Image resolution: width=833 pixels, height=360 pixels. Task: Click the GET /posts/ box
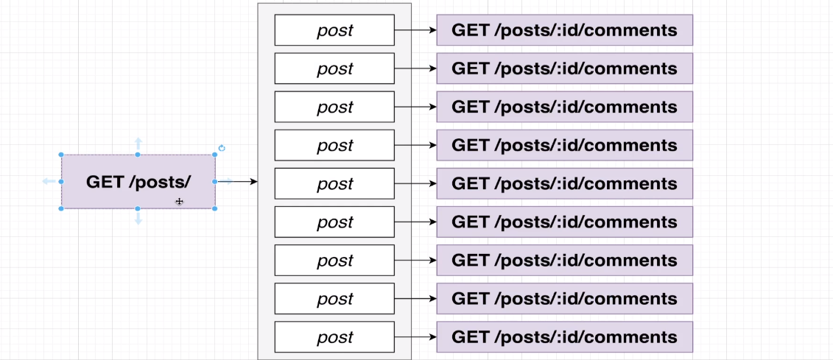pyautogui.click(x=138, y=182)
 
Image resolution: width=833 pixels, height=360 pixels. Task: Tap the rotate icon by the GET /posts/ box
pyautogui.click(x=222, y=148)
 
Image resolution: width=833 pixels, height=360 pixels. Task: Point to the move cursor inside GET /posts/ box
pyautogui.click(x=179, y=201)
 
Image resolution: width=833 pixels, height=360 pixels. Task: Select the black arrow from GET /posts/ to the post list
pyautogui.click(x=239, y=181)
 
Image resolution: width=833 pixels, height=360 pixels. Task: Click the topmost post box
pyautogui.click(x=334, y=30)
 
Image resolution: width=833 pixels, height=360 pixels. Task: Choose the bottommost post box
pyautogui.click(x=334, y=337)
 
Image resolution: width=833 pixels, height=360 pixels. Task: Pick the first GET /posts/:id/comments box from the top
pyautogui.click(x=564, y=30)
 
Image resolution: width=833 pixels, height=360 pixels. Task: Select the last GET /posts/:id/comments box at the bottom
pyautogui.click(x=564, y=337)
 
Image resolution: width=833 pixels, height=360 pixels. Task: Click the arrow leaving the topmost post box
pyautogui.click(x=415, y=30)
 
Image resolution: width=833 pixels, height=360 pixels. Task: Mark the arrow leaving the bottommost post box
pyautogui.click(x=415, y=337)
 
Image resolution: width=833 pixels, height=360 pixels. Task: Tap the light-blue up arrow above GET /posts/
pyautogui.click(x=138, y=142)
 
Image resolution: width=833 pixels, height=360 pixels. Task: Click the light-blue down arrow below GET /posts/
pyautogui.click(x=138, y=219)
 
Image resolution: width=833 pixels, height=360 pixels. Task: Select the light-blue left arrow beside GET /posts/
pyautogui.click(x=49, y=181)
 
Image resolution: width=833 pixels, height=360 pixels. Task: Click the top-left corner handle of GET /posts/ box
pyautogui.click(x=61, y=155)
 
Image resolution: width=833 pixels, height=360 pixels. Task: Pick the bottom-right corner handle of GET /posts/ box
pyautogui.click(x=214, y=208)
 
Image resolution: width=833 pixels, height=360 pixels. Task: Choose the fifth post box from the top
pyautogui.click(x=334, y=183)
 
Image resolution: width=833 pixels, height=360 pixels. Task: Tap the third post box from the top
pyautogui.click(x=334, y=107)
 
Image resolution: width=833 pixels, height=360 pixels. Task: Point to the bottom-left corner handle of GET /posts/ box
pyautogui.click(x=61, y=208)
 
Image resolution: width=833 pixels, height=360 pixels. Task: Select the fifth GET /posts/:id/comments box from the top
pyautogui.click(x=564, y=183)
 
